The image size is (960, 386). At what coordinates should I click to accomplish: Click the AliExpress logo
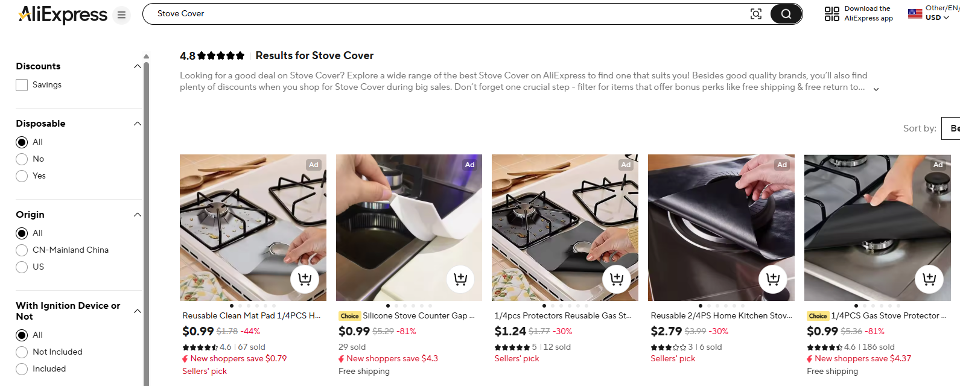click(x=63, y=14)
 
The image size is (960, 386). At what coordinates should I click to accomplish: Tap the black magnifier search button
click(x=786, y=14)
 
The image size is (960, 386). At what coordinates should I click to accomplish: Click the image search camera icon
click(x=755, y=14)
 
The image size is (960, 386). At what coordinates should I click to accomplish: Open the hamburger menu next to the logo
click(x=121, y=15)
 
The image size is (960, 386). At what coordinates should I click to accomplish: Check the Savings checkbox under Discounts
click(x=22, y=85)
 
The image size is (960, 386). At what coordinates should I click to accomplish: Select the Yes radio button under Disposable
click(x=22, y=176)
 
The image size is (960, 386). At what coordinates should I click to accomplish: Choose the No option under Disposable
click(x=22, y=159)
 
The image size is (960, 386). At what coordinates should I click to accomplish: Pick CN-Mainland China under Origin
click(x=22, y=250)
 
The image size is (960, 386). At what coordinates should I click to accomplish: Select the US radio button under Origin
click(x=22, y=267)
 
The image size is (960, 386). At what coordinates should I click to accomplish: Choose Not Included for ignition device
click(x=22, y=352)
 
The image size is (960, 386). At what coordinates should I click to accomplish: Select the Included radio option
click(x=22, y=369)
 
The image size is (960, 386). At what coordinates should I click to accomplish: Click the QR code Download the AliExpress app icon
click(x=831, y=14)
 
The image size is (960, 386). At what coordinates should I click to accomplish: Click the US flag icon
click(x=915, y=13)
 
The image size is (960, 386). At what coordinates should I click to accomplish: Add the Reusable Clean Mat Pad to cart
click(x=305, y=279)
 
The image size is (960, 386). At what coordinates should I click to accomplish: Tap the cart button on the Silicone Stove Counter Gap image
click(x=460, y=279)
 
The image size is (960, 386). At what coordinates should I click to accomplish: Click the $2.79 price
click(x=666, y=331)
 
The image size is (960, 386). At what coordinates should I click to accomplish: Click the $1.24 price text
click(x=510, y=331)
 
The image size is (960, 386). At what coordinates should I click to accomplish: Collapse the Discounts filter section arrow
click(x=138, y=66)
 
